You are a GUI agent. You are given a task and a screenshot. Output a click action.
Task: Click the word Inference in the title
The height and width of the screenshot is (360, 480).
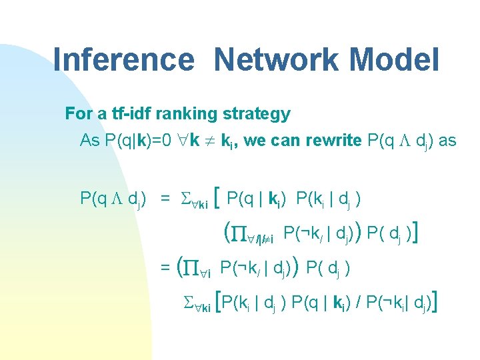pos(123,59)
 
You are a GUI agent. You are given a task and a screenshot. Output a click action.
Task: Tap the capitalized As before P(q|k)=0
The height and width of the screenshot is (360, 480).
pos(89,141)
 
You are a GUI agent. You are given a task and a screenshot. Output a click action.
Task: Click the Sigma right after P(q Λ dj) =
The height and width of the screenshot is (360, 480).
pos(186,199)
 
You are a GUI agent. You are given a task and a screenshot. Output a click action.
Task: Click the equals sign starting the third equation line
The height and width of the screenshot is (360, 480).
pos(165,269)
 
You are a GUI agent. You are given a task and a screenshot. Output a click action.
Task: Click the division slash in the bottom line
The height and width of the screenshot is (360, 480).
pos(359,304)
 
